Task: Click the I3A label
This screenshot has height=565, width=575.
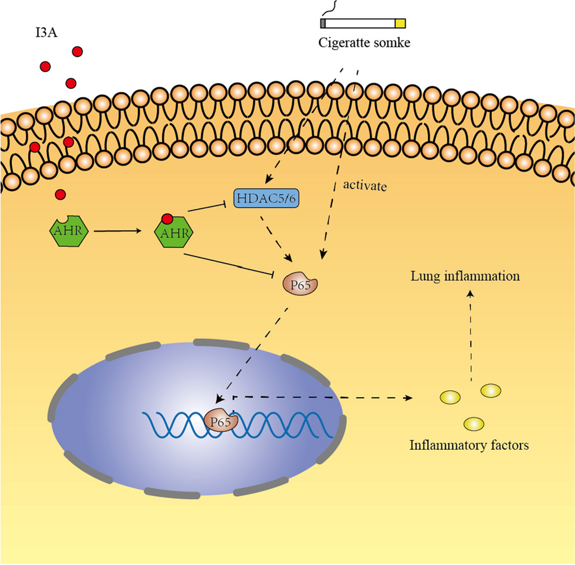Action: tap(46, 30)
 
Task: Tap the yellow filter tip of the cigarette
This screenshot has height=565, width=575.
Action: tap(400, 24)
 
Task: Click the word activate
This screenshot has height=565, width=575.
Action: tap(365, 186)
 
